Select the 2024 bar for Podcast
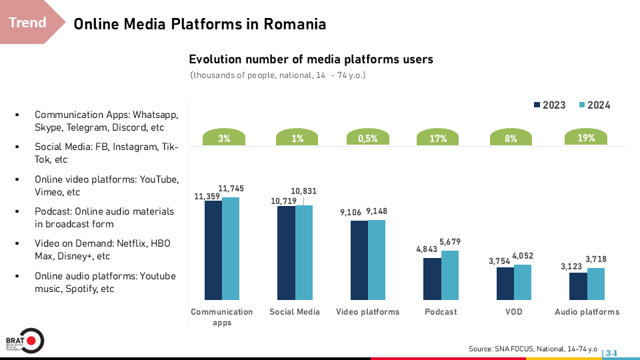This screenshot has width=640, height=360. coord(450,275)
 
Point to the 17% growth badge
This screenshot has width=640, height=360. coord(438,139)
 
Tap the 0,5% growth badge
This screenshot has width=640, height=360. coord(367,139)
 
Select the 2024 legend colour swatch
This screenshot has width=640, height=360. coord(581,105)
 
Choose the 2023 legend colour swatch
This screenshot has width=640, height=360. coord(537,105)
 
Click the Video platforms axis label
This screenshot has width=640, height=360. coord(367,312)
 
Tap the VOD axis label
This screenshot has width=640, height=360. coord(514,312)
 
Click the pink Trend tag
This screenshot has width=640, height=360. coord(28,23)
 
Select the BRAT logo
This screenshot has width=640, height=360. coord(24,341)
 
